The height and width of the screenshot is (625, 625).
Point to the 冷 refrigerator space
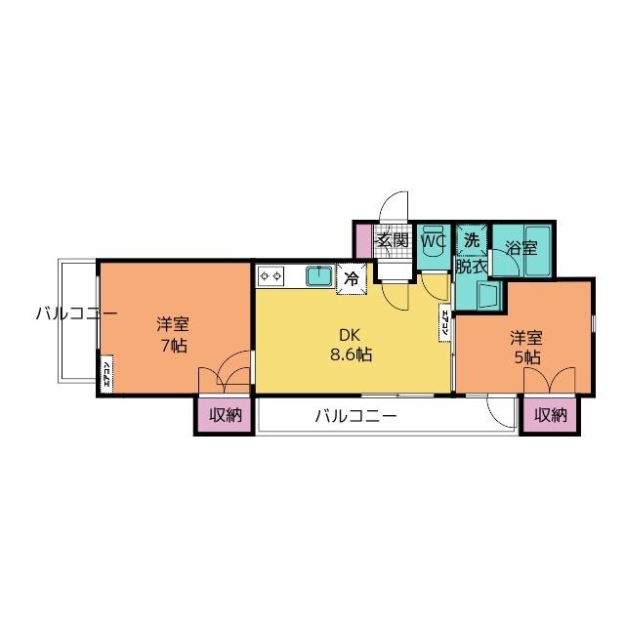coord(351,277)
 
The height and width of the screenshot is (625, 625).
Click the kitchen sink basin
coord(318,276)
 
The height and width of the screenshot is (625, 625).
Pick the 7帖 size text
coord(175,345)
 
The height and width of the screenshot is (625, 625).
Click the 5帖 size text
coord(525,357)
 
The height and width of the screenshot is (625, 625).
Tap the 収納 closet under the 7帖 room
coord(224,415)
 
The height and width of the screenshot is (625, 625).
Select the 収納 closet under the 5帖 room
coord(550,415)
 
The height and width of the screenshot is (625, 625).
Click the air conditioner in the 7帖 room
coord(106,376)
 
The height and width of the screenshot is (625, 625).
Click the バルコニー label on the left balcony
coord(76,313)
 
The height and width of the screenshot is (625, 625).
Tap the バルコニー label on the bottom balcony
coord(355,416)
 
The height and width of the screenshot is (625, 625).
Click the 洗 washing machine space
coord(472,239)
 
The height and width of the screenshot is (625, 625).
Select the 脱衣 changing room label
coord(472,265)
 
